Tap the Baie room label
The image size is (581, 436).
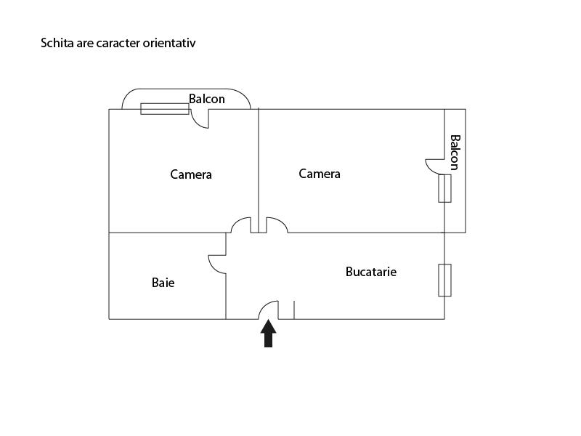(x=163, y=283)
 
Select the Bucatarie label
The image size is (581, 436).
(x=371, y=272)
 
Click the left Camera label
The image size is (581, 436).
(x=191, y=174)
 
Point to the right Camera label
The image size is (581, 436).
(x=320, y=174)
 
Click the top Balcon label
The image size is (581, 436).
(x=207, y=99)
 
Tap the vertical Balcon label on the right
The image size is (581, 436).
(x=455, y=152)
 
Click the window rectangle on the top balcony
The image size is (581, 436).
(x=164, y=109)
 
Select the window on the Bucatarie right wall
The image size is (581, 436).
(x=444, y=280)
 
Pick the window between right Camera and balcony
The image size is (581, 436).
(x=444, y=187)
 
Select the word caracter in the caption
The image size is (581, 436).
(x=115, y=43)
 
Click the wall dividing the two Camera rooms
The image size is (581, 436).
(x=259, y=167)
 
